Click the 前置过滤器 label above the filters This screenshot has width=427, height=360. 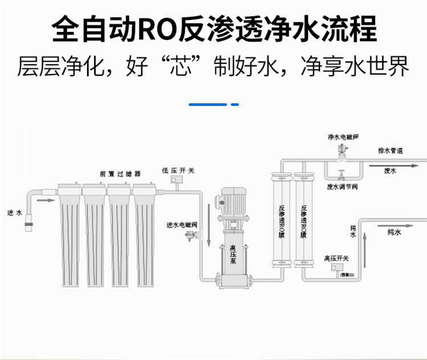point(120,173)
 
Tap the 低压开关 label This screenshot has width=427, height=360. point(178,170)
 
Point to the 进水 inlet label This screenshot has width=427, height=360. point(14,213)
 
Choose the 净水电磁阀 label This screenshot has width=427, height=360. point(342,137)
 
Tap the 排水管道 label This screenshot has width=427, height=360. point(391,151)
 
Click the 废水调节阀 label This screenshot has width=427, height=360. point(342,186)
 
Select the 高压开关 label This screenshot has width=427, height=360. point(336,258)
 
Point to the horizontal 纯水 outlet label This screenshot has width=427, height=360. point(395,232)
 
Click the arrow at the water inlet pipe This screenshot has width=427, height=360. point(48,201)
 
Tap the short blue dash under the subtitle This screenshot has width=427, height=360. point(234,105)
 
